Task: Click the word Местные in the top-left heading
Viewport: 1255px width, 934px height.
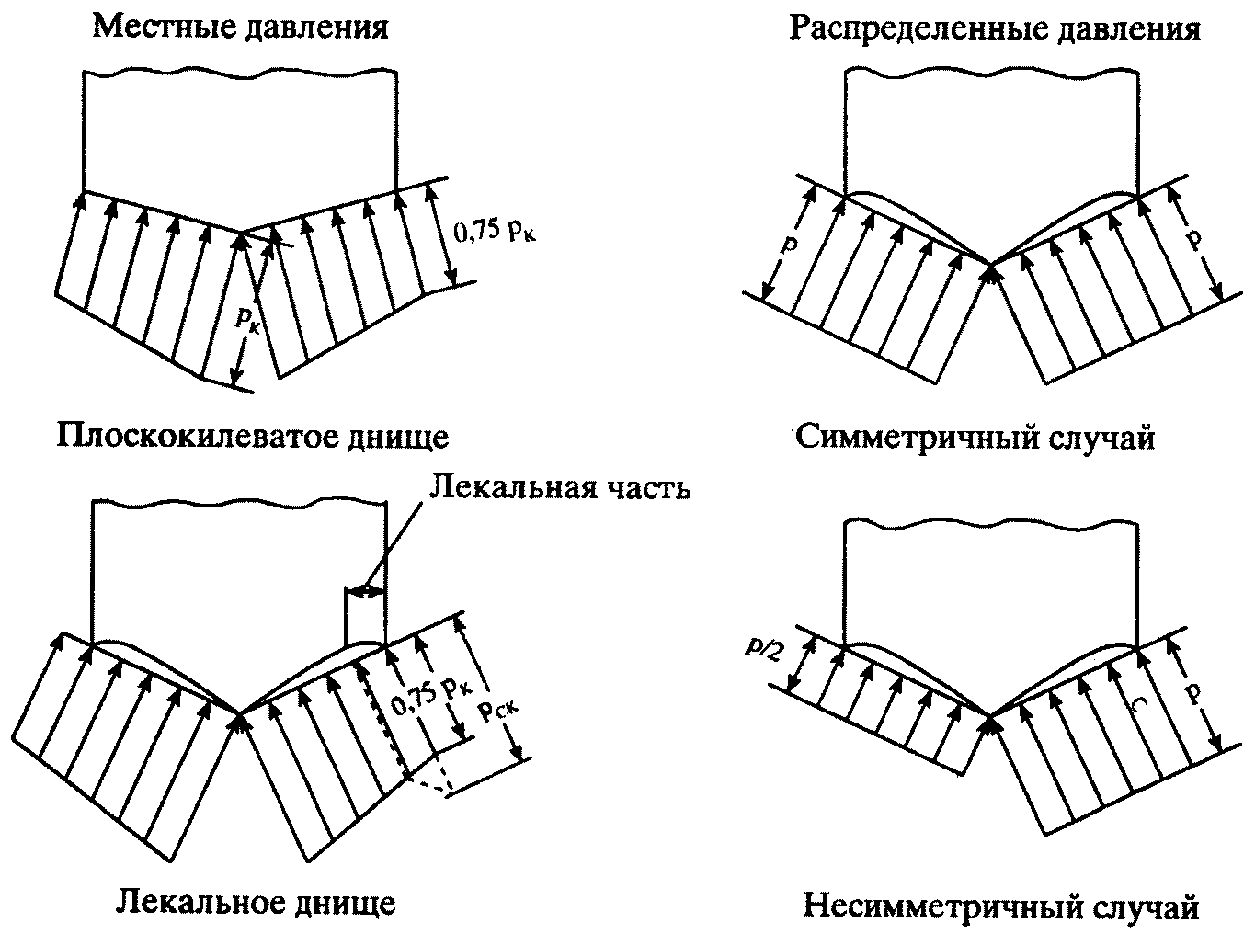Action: [164, 27]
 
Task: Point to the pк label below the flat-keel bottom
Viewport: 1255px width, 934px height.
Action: [246, 321]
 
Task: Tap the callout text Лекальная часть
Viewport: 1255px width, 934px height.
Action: [560, 487]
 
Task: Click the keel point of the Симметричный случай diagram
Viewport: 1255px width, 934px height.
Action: [991, 265]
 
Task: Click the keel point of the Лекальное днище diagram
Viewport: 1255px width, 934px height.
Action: [239, 714]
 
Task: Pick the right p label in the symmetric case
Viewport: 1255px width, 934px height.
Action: [1193, 241]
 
